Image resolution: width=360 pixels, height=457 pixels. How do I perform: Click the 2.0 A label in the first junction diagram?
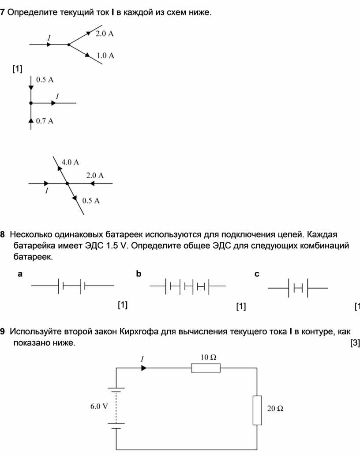point(105,34)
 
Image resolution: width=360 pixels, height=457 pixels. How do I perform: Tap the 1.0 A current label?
point(105,56)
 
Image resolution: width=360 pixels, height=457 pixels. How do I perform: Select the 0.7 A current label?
point(45,121)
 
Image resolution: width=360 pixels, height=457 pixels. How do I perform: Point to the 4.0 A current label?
point(70,162)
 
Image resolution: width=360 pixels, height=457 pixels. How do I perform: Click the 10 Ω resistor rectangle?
point(206,368)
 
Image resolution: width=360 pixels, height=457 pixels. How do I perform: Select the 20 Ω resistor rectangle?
point(257,410)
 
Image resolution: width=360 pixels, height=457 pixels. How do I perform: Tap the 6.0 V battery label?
point(99,406)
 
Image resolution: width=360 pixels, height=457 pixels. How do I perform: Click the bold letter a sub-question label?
point(20,274)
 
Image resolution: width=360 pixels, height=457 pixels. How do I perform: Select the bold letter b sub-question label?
point(139,273)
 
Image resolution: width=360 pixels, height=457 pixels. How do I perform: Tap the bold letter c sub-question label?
point(257,274)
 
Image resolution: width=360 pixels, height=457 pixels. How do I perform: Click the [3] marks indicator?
point(355,343)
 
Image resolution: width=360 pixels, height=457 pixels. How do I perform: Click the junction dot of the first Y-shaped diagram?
point(69,45)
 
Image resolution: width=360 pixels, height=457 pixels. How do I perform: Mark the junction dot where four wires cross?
point(67,184)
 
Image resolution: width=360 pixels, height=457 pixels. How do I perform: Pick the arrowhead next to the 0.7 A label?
point(31,120)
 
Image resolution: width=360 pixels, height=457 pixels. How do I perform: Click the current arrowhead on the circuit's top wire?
point(144,368)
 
